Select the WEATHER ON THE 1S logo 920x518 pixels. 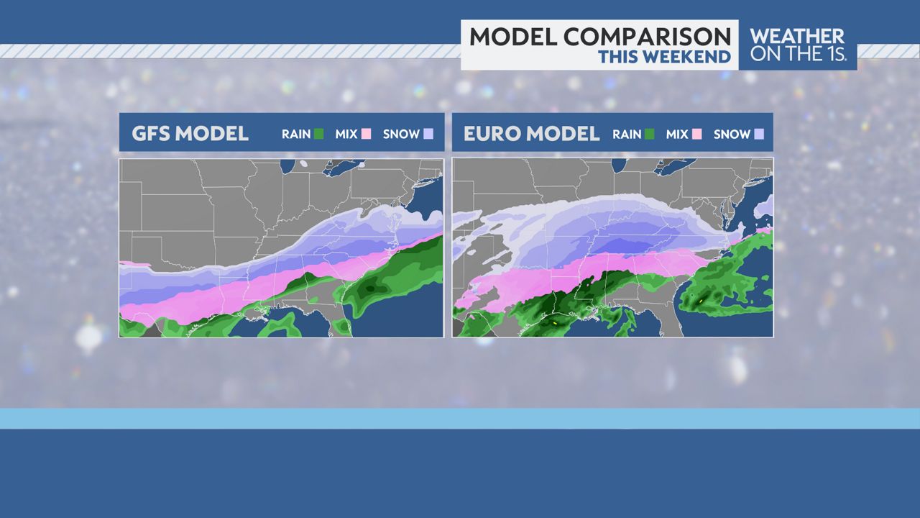pyautogui.click(x=797, y=45)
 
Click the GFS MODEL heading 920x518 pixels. pyautogui.click(x=190, y=134)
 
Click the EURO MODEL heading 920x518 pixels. pyautogui.click(x=531, y=134)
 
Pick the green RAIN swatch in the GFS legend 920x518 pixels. pyautogui.click(x=319, y=134)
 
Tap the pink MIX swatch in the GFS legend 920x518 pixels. pyautogui.click(x=367, y=134)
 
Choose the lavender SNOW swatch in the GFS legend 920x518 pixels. pyautogui.click(x=428, y=134)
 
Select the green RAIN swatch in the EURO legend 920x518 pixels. pyautogui.click(x=650, y=134)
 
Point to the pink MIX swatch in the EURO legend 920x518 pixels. pyautogui.click(x=697, y=134)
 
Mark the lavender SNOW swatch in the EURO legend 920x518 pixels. pyautogui.click(x=759, y=134)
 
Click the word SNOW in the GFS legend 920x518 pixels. pyautogui.click(x=401, y=134)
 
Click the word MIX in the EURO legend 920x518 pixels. pyautogui.click(x=677, y=134)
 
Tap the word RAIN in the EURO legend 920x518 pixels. pyautogui.click(x=627, y=134)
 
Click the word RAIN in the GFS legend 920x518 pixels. pyautogui.click(x=296, y=134)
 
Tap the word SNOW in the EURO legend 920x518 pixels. pyautogui.click(x=732, y=134)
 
